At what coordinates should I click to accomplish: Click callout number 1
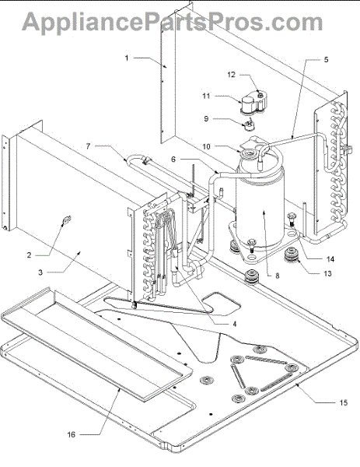(127, 58)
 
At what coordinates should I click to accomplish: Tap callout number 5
(326, 60)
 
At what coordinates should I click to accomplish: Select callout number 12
(231, 75)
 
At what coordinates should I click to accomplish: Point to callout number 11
(206, 96)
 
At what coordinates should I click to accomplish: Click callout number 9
(206, 118)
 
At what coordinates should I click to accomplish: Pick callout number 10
(206, 146)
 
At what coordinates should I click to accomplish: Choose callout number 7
(88, 146)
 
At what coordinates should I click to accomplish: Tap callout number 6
(173, 160)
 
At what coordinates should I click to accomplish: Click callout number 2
(29, 255)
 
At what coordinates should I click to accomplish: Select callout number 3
(40, 272)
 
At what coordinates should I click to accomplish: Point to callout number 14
(330, 259)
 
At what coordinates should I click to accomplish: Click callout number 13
(327, 274)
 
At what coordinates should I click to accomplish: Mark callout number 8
(278, 276)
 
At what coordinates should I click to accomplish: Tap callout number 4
(235, 324)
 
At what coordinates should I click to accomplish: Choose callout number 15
(344, 402)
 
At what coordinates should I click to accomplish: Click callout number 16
(71, 435)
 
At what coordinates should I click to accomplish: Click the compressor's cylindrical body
(260, 209)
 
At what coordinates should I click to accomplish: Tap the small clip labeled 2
(67, 220)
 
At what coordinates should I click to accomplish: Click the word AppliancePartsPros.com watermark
(173, 22)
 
